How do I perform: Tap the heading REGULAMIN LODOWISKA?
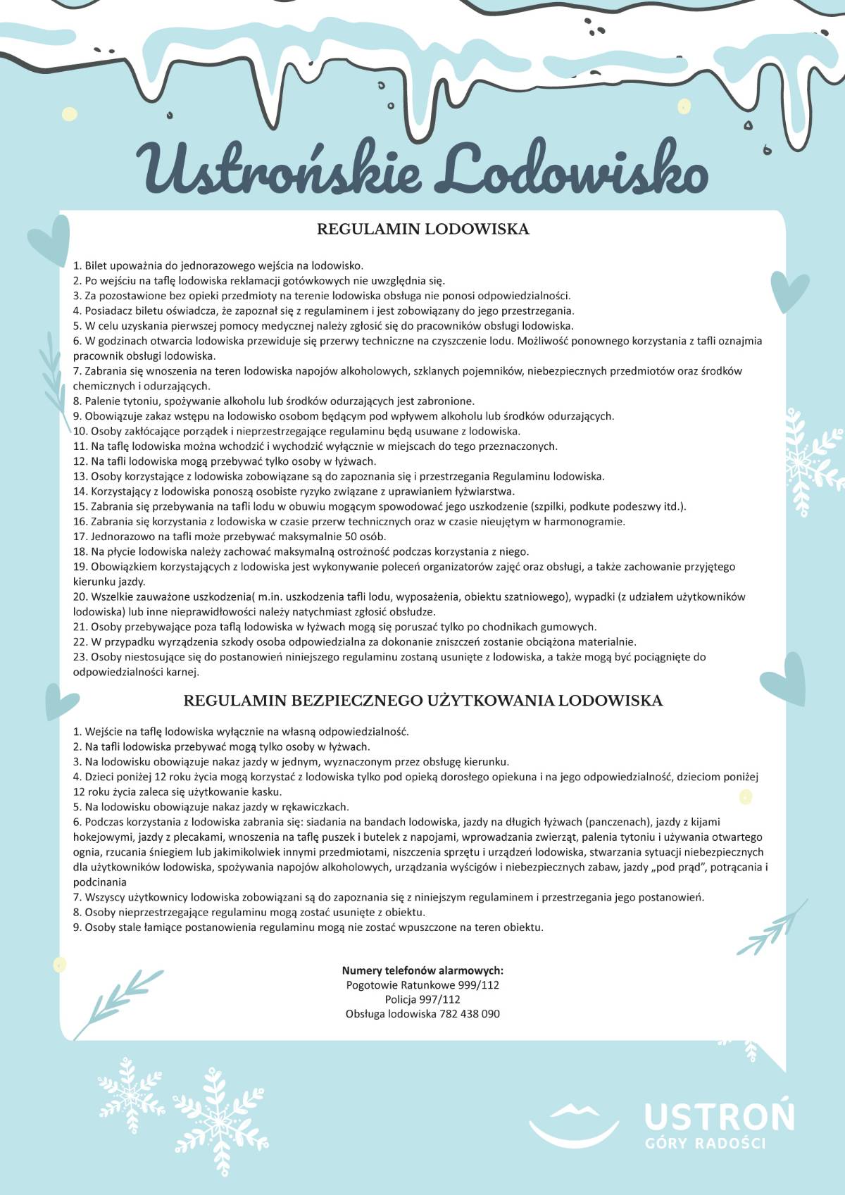(423, 229)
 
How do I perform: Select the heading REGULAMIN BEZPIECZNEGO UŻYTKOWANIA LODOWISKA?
(423, 701)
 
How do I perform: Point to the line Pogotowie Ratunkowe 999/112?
(423, 984)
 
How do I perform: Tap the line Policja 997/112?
(423, 999)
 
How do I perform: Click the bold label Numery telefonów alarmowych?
(423, 970)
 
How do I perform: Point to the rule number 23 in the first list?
(79, 657)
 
